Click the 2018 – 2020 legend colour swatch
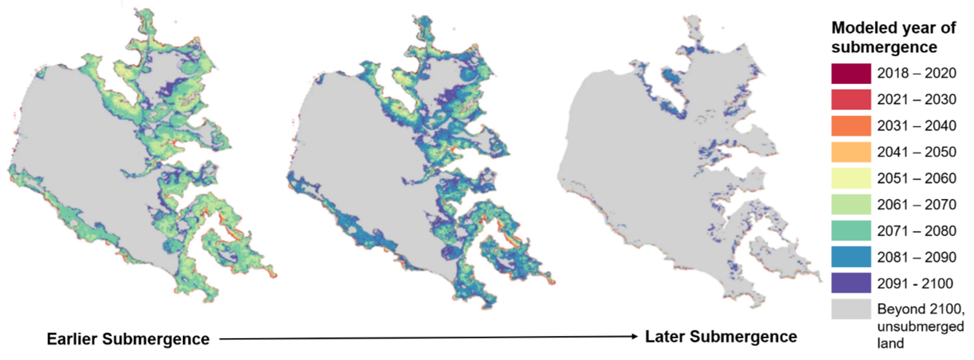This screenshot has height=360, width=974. click(x=851, y=73)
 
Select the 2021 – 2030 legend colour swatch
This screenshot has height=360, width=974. click(x=851, y=99)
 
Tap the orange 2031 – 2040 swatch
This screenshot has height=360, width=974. click(x=851, y=125)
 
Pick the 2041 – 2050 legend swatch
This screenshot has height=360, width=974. click(x=851, y=152)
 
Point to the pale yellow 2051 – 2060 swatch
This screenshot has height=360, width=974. click(x=851, y=178)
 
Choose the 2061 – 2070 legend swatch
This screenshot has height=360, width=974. click(x=851, y=204)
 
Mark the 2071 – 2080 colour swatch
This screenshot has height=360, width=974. click(x=851, y=230)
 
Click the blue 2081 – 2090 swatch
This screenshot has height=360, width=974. click(x=851, y=257)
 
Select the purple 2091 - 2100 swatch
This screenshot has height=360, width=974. click(x=851, y=283)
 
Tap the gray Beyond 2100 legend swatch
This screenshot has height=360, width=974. click(x=851, y=309)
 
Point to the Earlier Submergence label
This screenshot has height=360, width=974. click(x=128, y=340)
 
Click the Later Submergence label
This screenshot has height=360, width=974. click(x=720, y=337)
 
